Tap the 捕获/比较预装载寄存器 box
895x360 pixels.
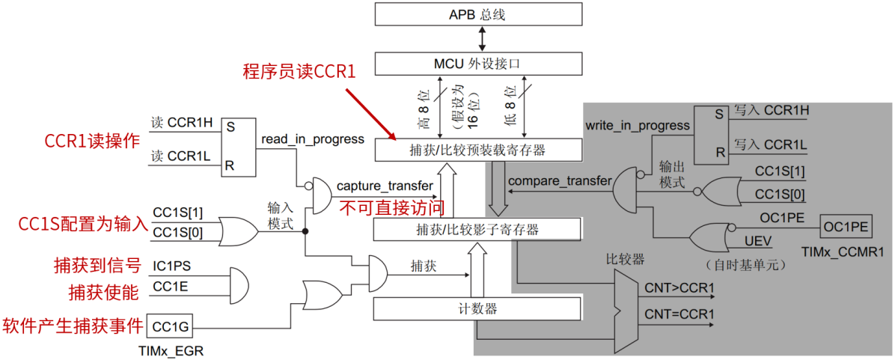(x=477, y=150)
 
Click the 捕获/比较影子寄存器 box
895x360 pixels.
(x=477, y=230)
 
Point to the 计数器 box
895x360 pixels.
(x=477, y=308)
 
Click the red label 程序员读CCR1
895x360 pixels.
(x=298, y=72)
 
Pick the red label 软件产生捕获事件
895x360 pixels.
(x=72, y=326)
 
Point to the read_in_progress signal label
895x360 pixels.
(x=313, y=138)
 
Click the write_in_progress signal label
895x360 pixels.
(x=638, y=125)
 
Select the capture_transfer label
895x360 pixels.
(x=385, y=186)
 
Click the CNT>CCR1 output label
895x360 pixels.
(x=679, y=287)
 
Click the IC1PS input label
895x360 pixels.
(x=171, y=265)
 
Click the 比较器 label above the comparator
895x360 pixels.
(x=625, y=260)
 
